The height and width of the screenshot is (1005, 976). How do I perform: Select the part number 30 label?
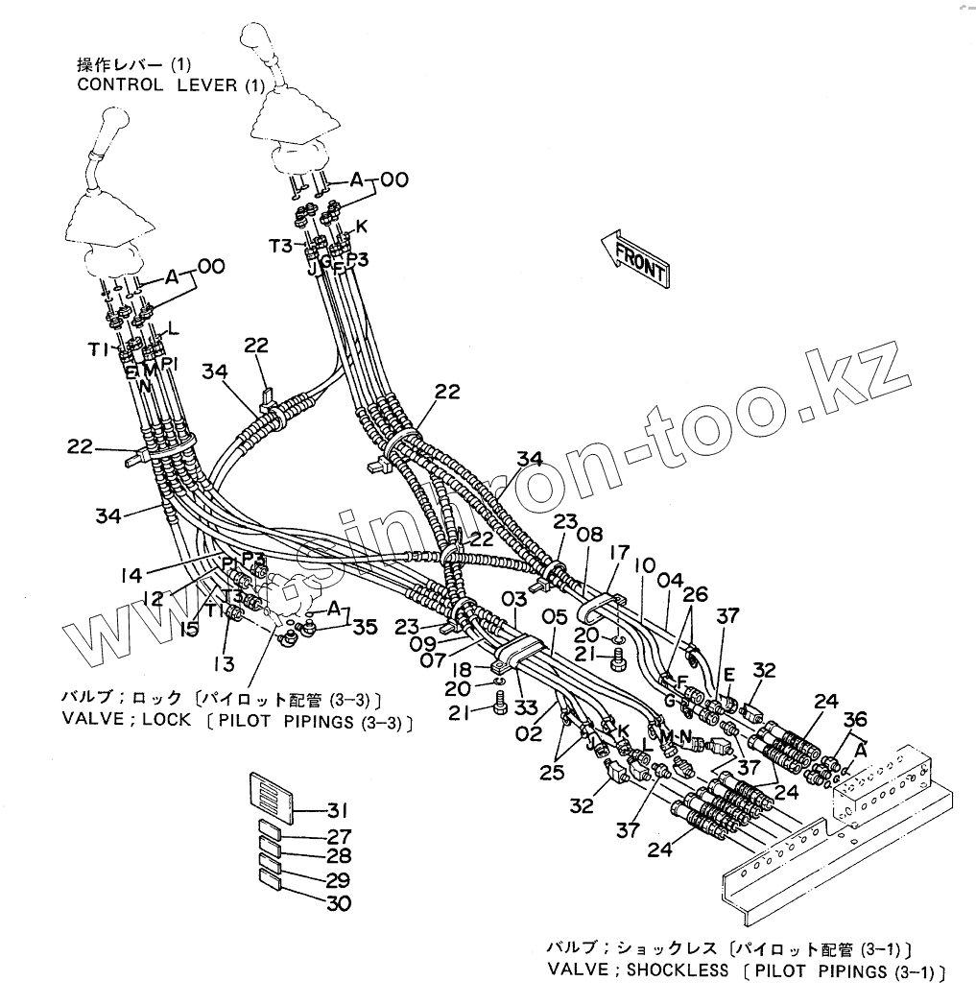click(x=338, y=903)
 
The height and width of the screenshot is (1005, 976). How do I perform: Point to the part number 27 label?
click(x=338, y=836)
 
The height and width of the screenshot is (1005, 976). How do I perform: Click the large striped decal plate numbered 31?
click(x=271, y=793)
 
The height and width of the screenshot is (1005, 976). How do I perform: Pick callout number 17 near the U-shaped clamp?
click(x=618, y=553)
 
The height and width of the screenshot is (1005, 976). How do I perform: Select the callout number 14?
click(x=131, y=575)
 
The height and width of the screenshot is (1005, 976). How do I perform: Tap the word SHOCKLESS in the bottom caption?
click(x=677, y=969)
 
